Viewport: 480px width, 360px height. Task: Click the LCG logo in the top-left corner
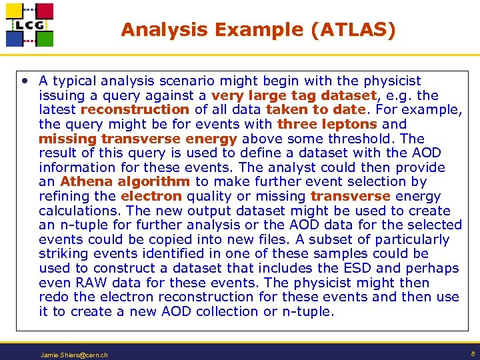pyautogui.click(x=29, y=25)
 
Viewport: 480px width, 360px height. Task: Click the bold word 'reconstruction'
pyautogui.click(x=135, y=109)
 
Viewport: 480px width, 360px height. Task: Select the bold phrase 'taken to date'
pyautogui.click(x=315, y=109)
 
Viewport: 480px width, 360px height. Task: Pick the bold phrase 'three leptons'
pyautogui.click(x=327, y=124)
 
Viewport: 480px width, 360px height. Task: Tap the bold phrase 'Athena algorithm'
pyautogui.click(x=125, y=181)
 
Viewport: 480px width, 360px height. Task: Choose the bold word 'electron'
pyautogui.click(x=151, y=196)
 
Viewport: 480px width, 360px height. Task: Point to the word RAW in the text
pyautogui.click(x=85, y=283)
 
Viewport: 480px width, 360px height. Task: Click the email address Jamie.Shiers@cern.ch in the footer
pyautogui.click(x=74, y=355)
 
